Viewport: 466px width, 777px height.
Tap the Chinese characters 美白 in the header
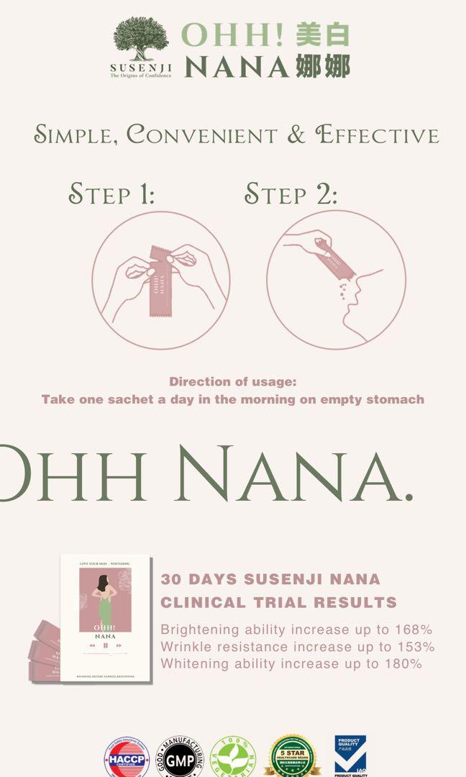[x=322, y=35]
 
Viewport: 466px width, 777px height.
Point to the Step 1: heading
[x=111, y=194]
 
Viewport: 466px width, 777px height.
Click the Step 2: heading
[x=291, y=194]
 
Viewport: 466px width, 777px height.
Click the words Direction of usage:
[x=232, y=382]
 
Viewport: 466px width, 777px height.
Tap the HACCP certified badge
[x=127, y=758]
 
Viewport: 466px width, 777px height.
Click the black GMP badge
[x=180, y=758]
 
